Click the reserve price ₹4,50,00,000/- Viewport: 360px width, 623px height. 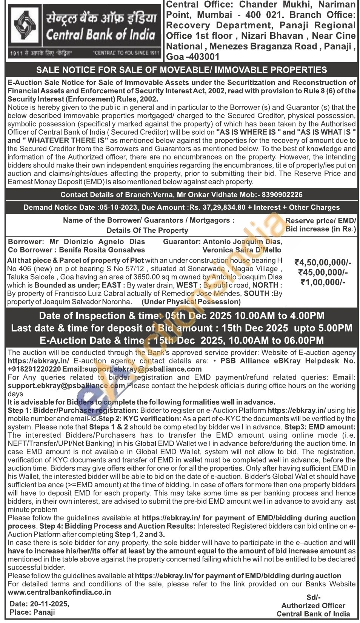click(x=323, y=263)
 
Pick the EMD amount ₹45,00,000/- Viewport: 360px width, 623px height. click(x=323, y=272)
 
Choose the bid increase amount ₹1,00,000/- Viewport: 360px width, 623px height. click(x=323, y=282)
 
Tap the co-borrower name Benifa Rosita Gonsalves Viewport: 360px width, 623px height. click(x=102, y=250)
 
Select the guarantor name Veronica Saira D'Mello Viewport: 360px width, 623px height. click(x=242, y=250)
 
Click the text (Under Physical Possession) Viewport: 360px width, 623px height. click(x=191, y=302)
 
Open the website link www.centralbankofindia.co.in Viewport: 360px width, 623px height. click(x=59, y=592)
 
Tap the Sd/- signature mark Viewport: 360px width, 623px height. click(x=313, y=597)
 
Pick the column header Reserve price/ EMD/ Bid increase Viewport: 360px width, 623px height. click(x=321, y=225)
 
